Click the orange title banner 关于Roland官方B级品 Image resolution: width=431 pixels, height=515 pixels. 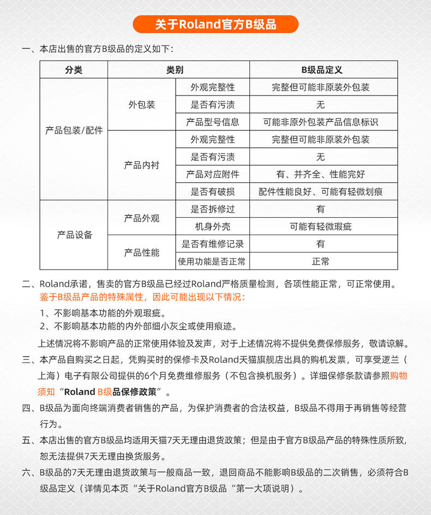[215, 25]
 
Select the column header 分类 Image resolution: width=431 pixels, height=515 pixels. [74, 70]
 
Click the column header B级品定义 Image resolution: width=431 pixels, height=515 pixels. [322, 70]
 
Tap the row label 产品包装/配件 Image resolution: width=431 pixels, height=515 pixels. [74, 131]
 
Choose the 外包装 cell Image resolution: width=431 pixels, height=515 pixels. [142, 105]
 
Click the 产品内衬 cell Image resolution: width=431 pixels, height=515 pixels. [142, 166]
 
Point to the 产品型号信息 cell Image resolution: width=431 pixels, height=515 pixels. [212, 122]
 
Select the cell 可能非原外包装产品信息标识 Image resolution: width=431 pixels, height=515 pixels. [321, 122]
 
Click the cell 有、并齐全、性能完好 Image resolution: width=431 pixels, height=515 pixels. [321, 175]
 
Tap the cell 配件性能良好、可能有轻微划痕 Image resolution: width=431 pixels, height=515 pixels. [321, 192]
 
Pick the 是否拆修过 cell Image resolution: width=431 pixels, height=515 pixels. [212, 209]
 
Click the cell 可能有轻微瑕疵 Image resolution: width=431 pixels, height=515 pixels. [321, 226]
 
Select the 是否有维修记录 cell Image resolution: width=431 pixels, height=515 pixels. [212, 244]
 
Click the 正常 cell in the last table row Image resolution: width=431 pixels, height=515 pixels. [321, 261]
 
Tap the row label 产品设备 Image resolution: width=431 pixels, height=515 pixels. [74, 235]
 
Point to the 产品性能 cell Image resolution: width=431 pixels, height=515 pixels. [142, 253]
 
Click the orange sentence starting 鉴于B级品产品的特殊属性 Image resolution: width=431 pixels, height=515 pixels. [143, 297]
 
